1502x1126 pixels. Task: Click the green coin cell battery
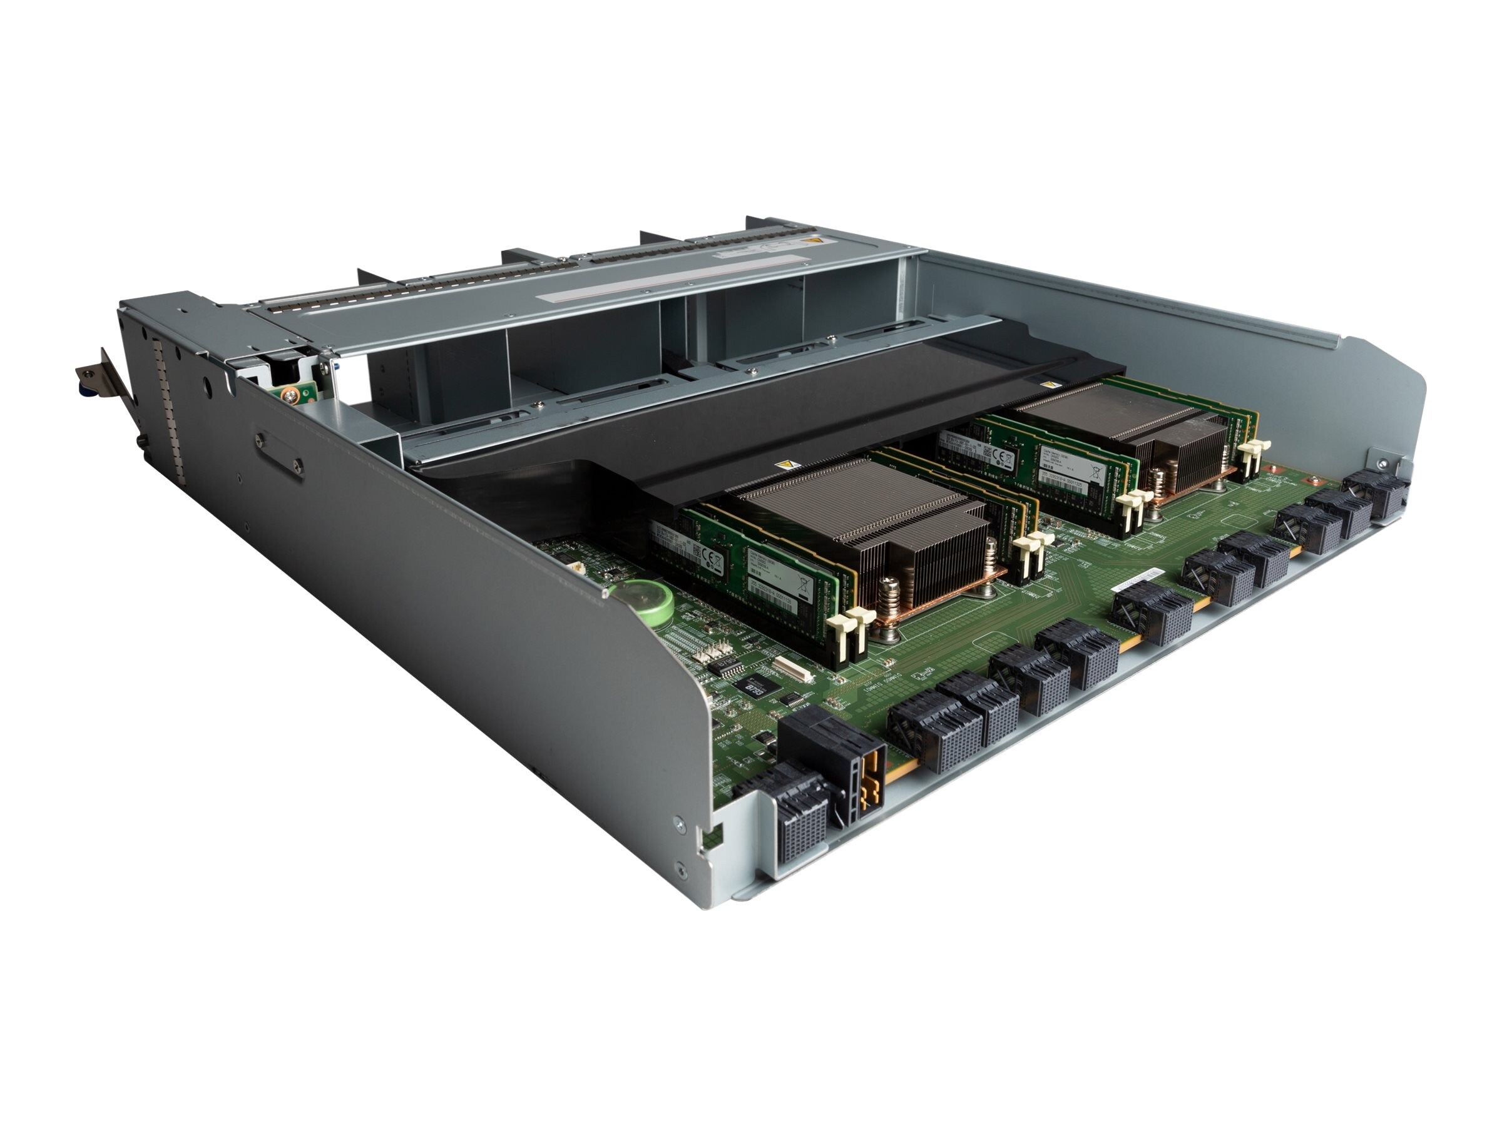[648, 601]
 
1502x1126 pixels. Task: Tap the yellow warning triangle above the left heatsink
[789, 465]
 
